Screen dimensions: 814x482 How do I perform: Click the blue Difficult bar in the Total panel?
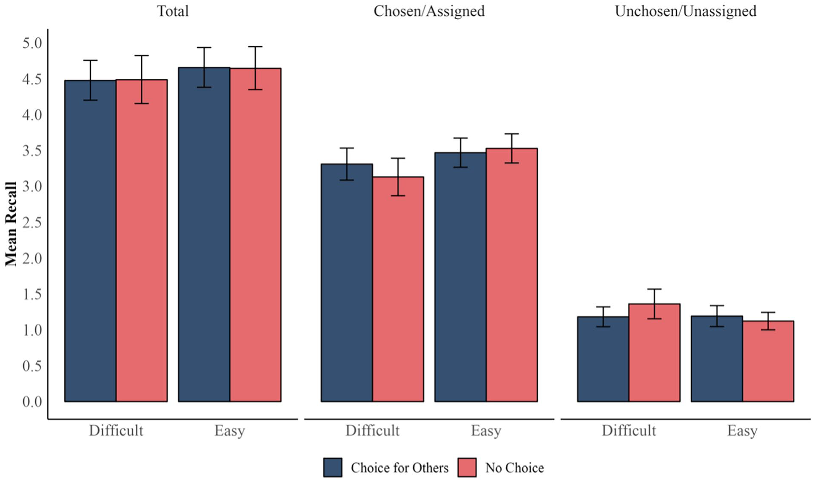(90, 241)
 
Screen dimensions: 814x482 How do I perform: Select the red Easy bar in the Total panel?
(255, 235)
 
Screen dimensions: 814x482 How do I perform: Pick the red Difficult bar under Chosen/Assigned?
(398, 289)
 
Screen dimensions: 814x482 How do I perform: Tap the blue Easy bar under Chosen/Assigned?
(461, 277)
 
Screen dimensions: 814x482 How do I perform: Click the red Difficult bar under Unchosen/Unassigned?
(654, 353)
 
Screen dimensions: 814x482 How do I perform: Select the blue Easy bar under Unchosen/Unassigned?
(717, 359)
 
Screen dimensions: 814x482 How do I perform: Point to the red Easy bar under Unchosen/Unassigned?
(768, 361)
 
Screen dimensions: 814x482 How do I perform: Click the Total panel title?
(173, 11)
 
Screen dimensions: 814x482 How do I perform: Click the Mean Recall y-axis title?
(11, 224)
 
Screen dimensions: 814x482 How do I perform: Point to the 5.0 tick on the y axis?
(32, 43)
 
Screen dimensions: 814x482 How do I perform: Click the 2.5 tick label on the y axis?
(32, 222)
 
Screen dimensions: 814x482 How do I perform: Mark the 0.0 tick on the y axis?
(32, 402)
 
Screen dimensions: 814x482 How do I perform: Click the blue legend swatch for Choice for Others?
(333, 467)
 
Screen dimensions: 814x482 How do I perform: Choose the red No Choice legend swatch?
(467, 467)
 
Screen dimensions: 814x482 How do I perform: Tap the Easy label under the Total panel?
(230, 431)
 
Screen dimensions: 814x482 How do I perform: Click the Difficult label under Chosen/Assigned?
(372, 430)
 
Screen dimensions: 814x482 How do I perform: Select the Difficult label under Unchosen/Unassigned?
(629, 430)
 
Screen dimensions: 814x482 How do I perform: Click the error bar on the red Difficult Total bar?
(142, 79)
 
